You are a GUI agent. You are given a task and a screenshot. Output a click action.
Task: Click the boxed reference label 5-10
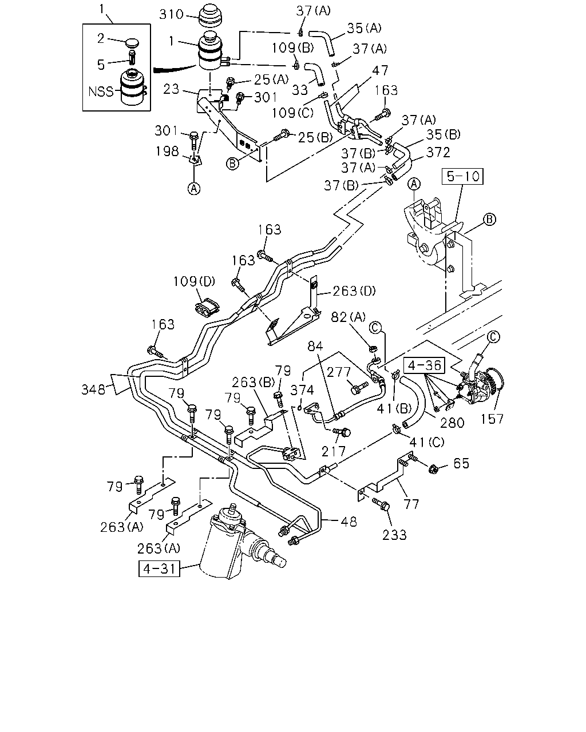(462, 176)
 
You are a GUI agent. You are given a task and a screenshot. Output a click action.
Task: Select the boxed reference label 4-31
(159, 568)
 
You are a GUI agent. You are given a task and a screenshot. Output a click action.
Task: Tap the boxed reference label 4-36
(424, 365)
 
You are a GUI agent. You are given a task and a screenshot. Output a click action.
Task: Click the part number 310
(171, 14)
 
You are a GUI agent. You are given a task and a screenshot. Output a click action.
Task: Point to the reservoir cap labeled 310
(211, 17)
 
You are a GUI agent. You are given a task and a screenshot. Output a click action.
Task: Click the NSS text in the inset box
(101, 91)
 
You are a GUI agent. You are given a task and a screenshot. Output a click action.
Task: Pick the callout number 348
(93, 389)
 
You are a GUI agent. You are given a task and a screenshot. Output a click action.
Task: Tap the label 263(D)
(354, 291)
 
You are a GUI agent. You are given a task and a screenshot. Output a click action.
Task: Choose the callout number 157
(492, 419)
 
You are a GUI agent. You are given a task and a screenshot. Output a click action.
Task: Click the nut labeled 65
(434, 470)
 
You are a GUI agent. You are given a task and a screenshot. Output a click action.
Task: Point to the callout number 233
(394, 535)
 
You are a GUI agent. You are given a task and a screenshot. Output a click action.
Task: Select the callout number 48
(349, 522)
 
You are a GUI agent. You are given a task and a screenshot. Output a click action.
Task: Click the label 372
(438, 152)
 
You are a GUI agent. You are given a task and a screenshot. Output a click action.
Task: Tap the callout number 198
(167, 151)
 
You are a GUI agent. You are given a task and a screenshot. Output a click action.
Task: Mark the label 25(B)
(315, 137)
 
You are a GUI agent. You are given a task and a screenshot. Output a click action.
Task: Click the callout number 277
(338, 372)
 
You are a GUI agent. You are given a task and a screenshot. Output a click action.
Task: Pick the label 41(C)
(427, 442)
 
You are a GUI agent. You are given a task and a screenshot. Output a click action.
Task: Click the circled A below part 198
(194, 189)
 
